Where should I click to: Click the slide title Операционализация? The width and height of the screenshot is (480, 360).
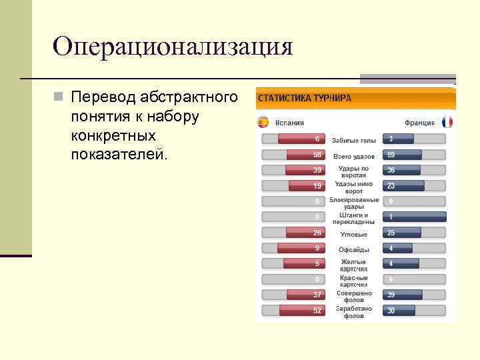(x=173, y=47)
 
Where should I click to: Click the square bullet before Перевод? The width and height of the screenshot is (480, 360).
(x=59, y=98)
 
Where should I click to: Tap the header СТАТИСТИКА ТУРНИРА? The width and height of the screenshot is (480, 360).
(x=304, y=98)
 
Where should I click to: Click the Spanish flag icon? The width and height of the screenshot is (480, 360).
(x=263, y=122)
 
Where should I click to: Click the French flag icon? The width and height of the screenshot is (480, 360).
(x=447, y=122)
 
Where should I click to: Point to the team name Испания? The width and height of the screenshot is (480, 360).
(x=288, y=123)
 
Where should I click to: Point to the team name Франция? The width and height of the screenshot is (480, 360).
(x=419, y=123)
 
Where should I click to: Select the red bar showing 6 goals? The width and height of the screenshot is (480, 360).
(x=301, y=139)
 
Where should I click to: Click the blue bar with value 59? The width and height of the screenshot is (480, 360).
(x=403, y=155)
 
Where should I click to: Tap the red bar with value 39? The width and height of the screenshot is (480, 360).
(x=306, y=170)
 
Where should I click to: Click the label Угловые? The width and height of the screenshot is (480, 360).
(x=354, y=234)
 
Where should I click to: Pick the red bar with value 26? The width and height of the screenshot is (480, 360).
(x=305, y=233)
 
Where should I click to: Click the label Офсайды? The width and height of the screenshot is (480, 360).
(x=354, y=249)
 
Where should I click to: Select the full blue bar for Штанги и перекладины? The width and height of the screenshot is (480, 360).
(x=415, y=217)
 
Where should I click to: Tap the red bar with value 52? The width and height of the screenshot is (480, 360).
(x=302, y=311)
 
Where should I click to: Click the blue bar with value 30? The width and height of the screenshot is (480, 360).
(x=399, y=311)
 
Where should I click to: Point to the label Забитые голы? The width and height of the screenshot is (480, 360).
(x=354, y=140)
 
